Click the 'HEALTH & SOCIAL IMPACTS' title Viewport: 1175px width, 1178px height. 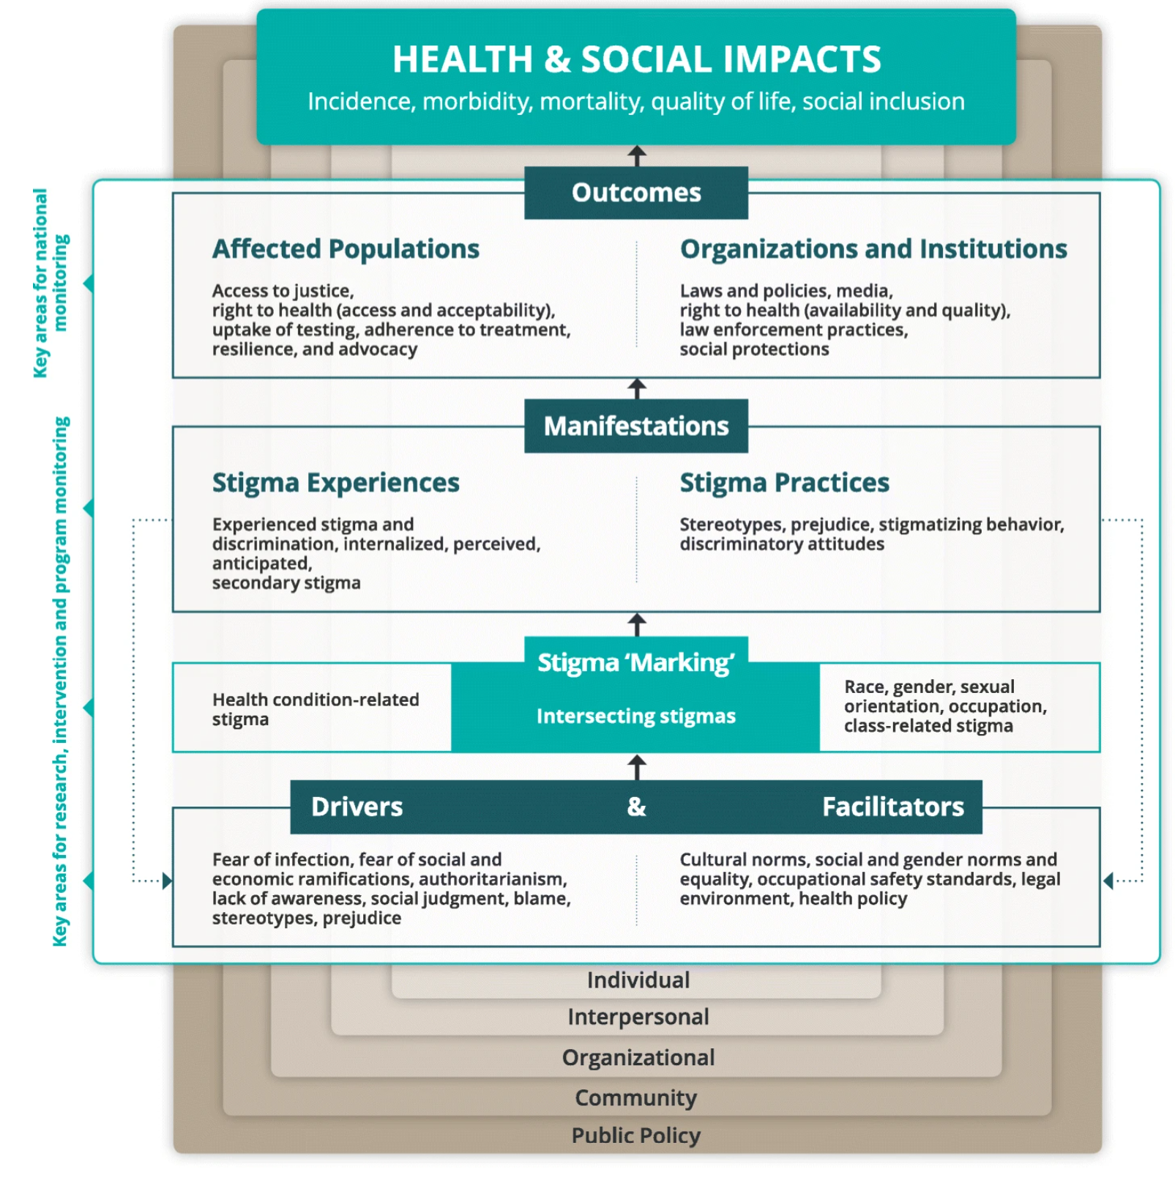click(x=636, y=59)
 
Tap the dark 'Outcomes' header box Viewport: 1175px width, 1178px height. click(x=636, y=193)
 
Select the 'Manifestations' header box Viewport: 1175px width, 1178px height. click(x=636, y=426)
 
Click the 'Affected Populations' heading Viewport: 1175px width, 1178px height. click(x=346, y=249)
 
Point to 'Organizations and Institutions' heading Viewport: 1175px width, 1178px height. click(x=873, y=249)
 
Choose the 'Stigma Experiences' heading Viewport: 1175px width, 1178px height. click(x=336, y=483)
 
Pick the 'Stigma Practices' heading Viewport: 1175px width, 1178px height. click(x=784, y=483)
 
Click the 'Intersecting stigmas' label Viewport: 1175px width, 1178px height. click(x=636, y=716)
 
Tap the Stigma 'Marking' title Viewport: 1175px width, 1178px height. click(x=636, y=662)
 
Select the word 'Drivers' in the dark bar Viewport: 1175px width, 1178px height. click(x=357, y=807)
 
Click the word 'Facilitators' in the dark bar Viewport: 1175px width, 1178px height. click(x=893, y=807)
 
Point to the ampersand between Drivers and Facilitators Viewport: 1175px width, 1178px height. click(x=636, y=807)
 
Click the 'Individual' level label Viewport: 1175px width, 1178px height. click(x=638, y=980)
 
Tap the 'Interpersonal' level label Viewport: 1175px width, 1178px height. click(x=638, y=1017)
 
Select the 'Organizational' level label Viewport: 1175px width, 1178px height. click(x=638, y=1057)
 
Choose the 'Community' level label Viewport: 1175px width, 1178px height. click(x=635, y=1097)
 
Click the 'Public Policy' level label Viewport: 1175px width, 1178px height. click(x=635, y=1135)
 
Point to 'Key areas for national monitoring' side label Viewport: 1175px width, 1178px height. click(x=51, y=283)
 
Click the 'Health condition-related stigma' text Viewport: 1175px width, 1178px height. click(x=316, y=709)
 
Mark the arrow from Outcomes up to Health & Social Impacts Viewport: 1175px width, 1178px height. click(x=637, y=155)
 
